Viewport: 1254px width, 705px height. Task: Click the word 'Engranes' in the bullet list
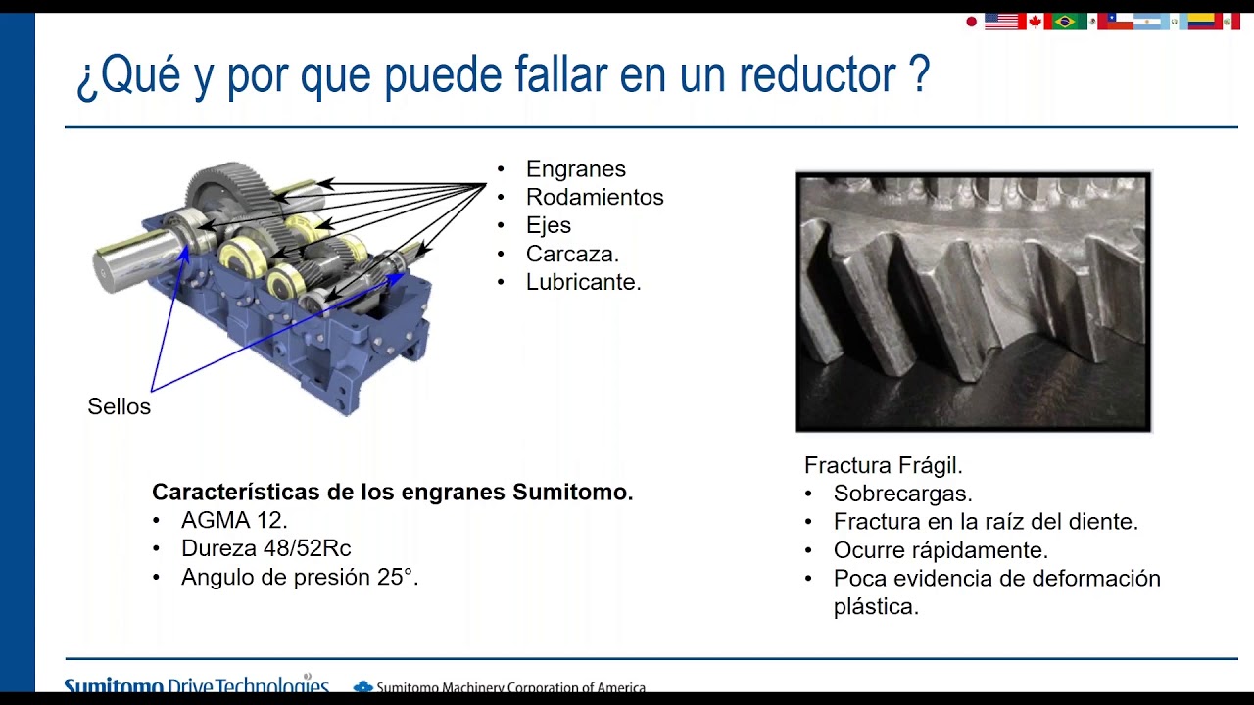point(575,169)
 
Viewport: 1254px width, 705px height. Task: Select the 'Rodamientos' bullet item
point(595,197)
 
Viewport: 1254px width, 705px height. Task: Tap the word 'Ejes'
point(548,225)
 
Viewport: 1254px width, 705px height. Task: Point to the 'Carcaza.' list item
point(572,254)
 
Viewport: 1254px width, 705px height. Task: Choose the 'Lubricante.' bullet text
point(583,282)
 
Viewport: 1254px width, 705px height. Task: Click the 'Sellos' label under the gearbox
point(119,406)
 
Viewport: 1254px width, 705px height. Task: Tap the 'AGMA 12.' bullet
point(234,520)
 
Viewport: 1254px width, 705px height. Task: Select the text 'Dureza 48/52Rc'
point(265,548)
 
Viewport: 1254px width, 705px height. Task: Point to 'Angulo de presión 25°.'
point(300,577)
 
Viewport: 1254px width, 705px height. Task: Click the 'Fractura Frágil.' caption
point(884,465)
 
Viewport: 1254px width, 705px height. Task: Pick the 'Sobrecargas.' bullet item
point(902,493)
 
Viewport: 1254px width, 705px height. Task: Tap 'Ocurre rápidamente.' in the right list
point(940,550)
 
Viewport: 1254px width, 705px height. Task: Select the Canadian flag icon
point(1034,21)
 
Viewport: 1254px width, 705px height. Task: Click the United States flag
point(1001,21)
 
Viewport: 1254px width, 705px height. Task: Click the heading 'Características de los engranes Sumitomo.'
point(392,492)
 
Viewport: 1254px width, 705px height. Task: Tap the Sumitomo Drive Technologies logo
point(196,686)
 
